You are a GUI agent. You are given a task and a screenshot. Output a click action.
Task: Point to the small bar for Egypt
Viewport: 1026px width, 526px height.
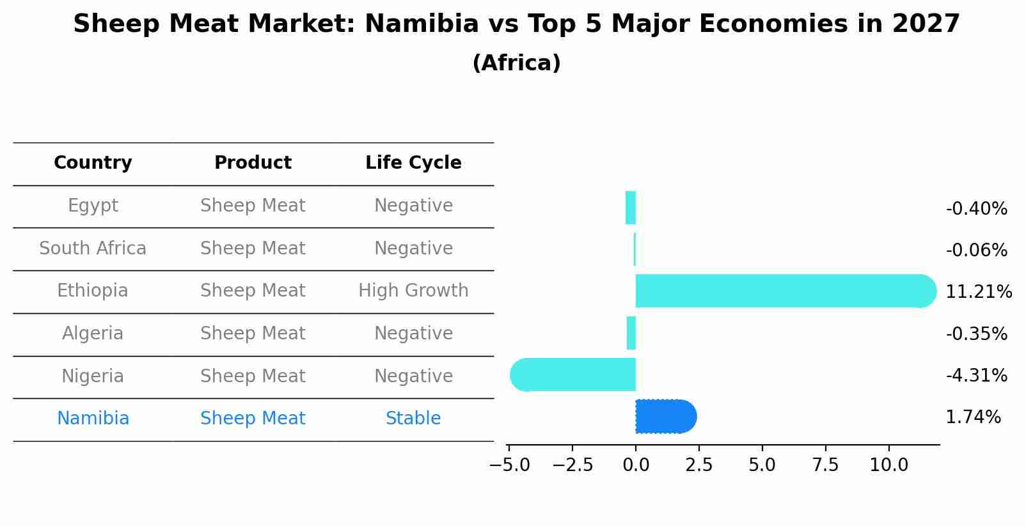pos(631,208)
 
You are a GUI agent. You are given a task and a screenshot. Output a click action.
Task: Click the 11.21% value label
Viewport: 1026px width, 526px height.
pos(978,292)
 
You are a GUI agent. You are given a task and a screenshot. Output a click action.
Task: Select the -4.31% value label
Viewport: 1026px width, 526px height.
pos(976,375)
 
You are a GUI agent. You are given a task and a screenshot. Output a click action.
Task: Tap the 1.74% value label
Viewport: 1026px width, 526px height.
pos(973,417)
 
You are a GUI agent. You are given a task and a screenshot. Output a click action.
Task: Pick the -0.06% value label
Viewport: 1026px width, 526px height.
pos(976,251)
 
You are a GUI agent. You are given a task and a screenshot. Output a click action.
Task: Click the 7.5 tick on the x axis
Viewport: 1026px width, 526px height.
pos(825,465)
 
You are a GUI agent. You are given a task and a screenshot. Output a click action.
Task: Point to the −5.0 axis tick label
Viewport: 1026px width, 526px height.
pos(509,465)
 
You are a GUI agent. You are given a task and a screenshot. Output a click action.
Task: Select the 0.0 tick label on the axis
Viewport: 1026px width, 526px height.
pos(636,465)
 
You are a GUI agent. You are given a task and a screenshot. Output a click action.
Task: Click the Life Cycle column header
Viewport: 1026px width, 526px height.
pos(413,163)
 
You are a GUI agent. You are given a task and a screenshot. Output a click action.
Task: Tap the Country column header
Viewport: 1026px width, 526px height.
pos(93,163)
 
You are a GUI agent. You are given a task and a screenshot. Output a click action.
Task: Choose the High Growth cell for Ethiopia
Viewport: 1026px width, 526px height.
pos(413,291)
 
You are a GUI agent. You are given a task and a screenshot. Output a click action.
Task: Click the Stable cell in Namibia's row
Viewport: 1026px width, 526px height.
pos(413,419)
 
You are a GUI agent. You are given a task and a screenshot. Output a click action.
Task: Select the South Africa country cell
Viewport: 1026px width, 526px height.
pos(93,248)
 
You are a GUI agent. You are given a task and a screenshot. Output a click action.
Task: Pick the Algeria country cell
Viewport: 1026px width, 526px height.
pos(93,334)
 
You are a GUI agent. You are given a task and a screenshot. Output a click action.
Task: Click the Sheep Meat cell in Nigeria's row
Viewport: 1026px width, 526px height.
pos(253,376)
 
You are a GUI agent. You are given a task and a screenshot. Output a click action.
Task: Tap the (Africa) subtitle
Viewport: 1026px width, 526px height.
pos(516,63)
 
